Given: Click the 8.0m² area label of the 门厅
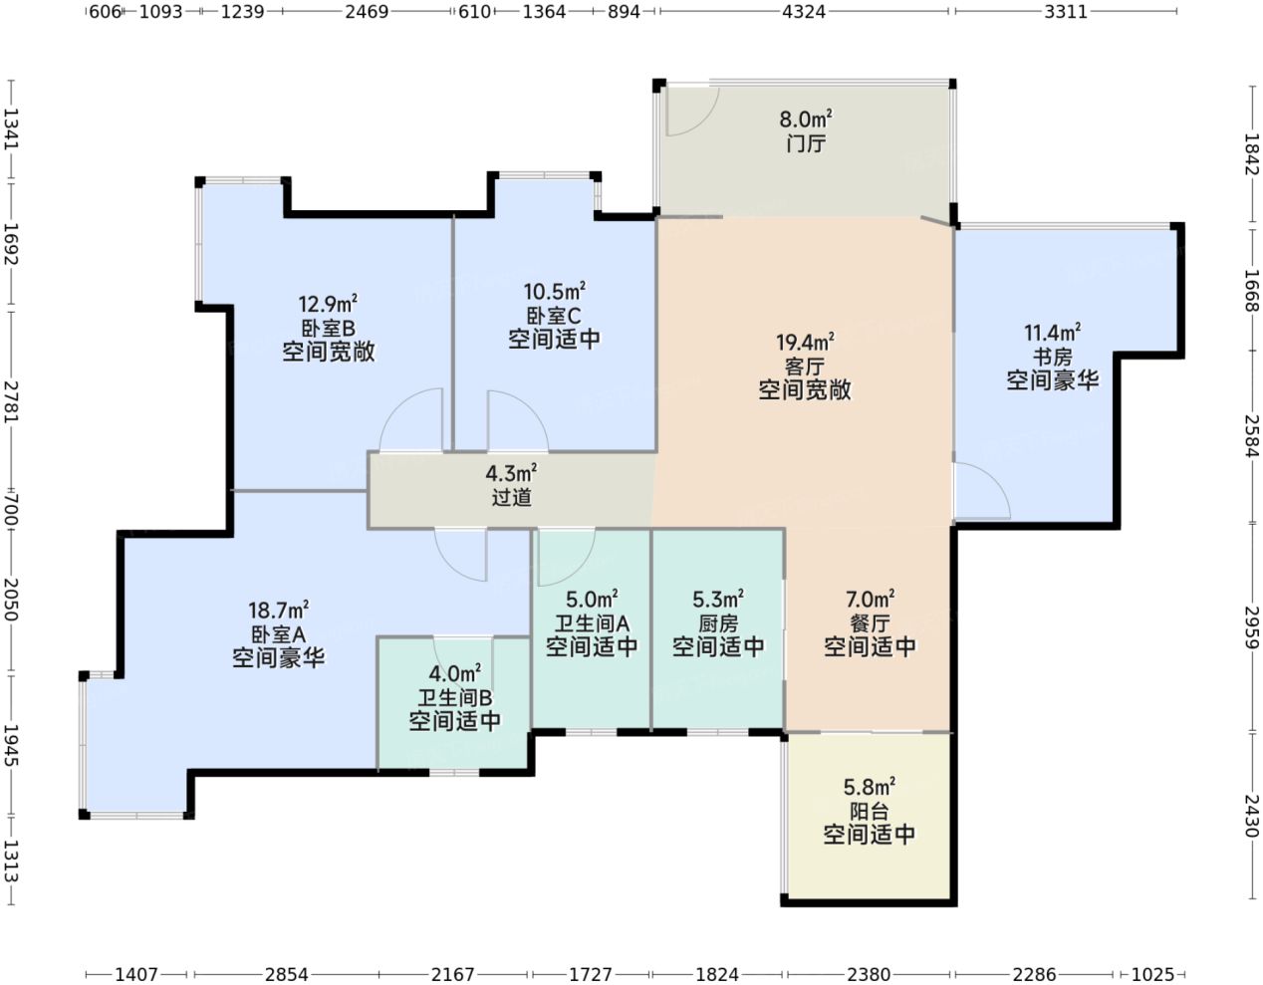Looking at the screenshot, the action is [x=805, y=120].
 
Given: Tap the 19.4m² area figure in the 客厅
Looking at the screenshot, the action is [x=805, y=342].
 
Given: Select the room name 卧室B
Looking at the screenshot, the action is [x=328, y=329].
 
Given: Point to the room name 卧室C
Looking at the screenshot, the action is [x=554, y=316].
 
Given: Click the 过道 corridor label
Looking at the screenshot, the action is [x=512, y=497].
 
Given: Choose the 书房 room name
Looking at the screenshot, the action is [x=1052, y=357].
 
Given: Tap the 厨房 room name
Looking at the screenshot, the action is [x=718, y=623].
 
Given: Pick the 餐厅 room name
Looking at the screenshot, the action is [x=870, y=623].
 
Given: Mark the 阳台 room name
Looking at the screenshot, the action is [x=869, y=812].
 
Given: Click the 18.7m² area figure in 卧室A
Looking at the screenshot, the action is [x=279, y=610].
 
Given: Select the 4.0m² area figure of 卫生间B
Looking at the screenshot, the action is [x=454, y=673].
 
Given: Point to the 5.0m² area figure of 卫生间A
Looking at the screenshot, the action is [x=592, y=598].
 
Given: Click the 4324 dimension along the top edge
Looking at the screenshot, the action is [x=804, y=12].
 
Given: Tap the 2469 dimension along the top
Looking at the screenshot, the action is [x=367, y=12].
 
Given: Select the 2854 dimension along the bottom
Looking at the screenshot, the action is [x=286, y=974].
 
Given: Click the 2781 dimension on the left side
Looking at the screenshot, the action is [x=12, y=402].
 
